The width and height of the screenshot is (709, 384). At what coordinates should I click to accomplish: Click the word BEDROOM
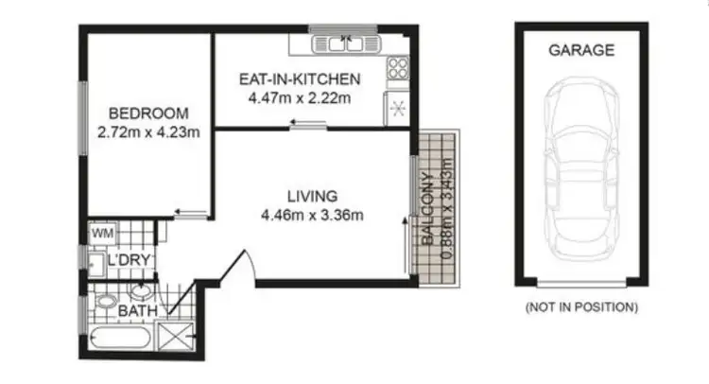tap(147, 112)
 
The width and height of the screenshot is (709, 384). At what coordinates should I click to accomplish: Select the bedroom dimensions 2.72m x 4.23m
tap(147, 131)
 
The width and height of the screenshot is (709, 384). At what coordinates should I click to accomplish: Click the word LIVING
tap(312, 196)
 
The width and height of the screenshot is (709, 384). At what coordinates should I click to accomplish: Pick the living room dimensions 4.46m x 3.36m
tap(312, 215)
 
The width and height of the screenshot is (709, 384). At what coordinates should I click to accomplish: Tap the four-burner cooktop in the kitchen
tap(397, 69)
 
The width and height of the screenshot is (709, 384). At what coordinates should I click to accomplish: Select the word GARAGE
tap(581, 50)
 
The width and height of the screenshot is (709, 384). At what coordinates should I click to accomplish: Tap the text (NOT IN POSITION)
tap(581, 307)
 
